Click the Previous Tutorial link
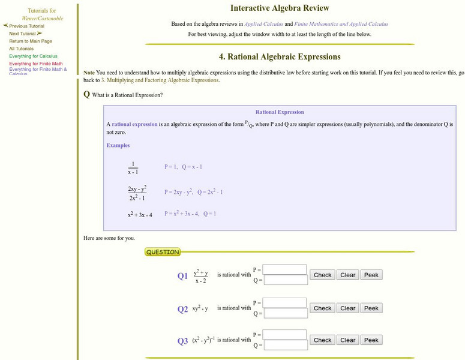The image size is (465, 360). point(26,26)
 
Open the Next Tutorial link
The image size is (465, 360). point(23,34)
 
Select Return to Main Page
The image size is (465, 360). point(31,41)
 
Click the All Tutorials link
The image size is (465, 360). point(22,49)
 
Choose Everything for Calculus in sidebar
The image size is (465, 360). point(33,56)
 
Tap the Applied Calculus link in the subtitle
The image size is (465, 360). point(263,24)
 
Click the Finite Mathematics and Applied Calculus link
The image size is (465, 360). point(341,24)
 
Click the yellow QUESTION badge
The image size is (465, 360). point(163,252)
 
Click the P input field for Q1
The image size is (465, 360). point(285,269)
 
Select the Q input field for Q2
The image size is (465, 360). point(285,313)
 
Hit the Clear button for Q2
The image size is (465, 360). point(348,308)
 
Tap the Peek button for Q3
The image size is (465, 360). point(371,340)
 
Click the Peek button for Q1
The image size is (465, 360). point(371,275)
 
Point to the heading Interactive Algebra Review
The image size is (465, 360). point(280,8)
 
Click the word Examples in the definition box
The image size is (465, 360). point(118,145)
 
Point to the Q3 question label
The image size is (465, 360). point(182,341)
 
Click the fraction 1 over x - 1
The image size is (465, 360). point(133,167)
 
